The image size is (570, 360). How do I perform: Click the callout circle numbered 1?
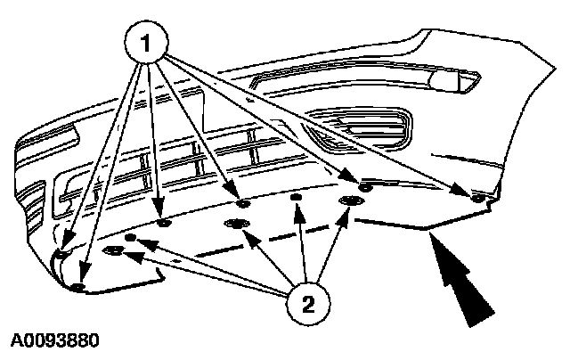[149, 40]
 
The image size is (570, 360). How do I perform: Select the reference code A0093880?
[55, 341]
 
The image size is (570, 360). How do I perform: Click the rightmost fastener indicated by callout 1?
[478, 196]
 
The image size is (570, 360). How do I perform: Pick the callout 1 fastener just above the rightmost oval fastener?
[366, 187]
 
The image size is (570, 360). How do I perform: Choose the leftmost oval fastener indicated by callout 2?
[115, 253]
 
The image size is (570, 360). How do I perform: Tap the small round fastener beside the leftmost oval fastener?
[131, 239]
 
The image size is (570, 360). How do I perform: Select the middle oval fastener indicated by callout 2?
[236, 223]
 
